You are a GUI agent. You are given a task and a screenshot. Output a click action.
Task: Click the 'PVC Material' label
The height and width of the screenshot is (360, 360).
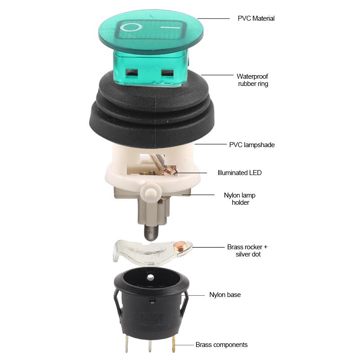[x=256, y=18]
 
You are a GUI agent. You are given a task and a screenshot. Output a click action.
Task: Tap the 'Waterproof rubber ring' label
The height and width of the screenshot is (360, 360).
[x=252, y=80]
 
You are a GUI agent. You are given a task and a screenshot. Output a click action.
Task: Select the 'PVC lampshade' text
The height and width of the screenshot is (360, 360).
[x=252, y=145]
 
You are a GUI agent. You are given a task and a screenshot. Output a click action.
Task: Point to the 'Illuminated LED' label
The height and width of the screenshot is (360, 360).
[x=239, y=172]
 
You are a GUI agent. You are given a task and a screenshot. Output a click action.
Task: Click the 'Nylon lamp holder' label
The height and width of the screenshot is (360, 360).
[x=240, y=199]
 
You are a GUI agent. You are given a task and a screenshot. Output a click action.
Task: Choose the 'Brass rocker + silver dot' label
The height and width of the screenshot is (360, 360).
[x=247, y=251]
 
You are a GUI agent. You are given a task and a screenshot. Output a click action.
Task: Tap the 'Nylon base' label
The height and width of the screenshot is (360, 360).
[x=225, y=295]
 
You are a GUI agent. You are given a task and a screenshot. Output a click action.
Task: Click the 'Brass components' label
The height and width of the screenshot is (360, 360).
[x=221, y=345]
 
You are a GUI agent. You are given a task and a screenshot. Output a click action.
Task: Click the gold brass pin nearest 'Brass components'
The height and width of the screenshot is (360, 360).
[x=174, y=345]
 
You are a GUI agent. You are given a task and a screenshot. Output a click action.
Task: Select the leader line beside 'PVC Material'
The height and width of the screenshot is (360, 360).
[x=213, y=18]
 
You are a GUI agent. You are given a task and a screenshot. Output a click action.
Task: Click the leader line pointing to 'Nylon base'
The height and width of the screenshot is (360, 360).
[x=196, y=295]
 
